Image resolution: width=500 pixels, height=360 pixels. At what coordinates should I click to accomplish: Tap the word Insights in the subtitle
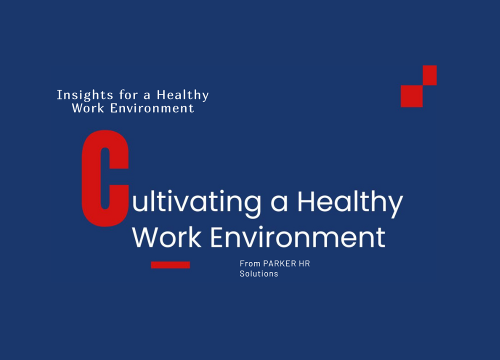tap(85, 95)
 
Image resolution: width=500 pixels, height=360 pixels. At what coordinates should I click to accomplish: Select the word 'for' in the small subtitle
tap(128, 94)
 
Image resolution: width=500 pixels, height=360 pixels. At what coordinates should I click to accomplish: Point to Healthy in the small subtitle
tap(182, 95)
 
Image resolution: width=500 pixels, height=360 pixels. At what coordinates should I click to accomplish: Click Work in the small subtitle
tap(88, 108)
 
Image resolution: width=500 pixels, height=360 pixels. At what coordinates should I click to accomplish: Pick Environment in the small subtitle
tap(152, 108)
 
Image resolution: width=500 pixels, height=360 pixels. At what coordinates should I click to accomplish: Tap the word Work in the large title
tap(167, 237)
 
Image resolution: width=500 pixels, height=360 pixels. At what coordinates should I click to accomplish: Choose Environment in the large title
tap(298, 237)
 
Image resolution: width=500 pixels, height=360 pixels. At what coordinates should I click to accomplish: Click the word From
tap(250, 263)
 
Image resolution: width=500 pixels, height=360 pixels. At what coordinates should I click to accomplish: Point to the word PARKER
tap(279, 263)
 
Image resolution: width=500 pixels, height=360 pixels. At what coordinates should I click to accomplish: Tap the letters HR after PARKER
tap(304, 263)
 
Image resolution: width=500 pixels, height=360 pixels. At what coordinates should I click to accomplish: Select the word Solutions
tap(259, 274)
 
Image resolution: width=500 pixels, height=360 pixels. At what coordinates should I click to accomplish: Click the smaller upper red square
tap(429, 75)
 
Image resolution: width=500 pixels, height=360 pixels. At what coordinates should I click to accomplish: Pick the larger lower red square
tap(411, 96)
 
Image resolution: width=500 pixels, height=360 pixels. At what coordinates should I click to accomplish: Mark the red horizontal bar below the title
tap(170, 265)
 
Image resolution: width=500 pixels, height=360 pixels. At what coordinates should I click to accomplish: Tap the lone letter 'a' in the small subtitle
tap(147, 95)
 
